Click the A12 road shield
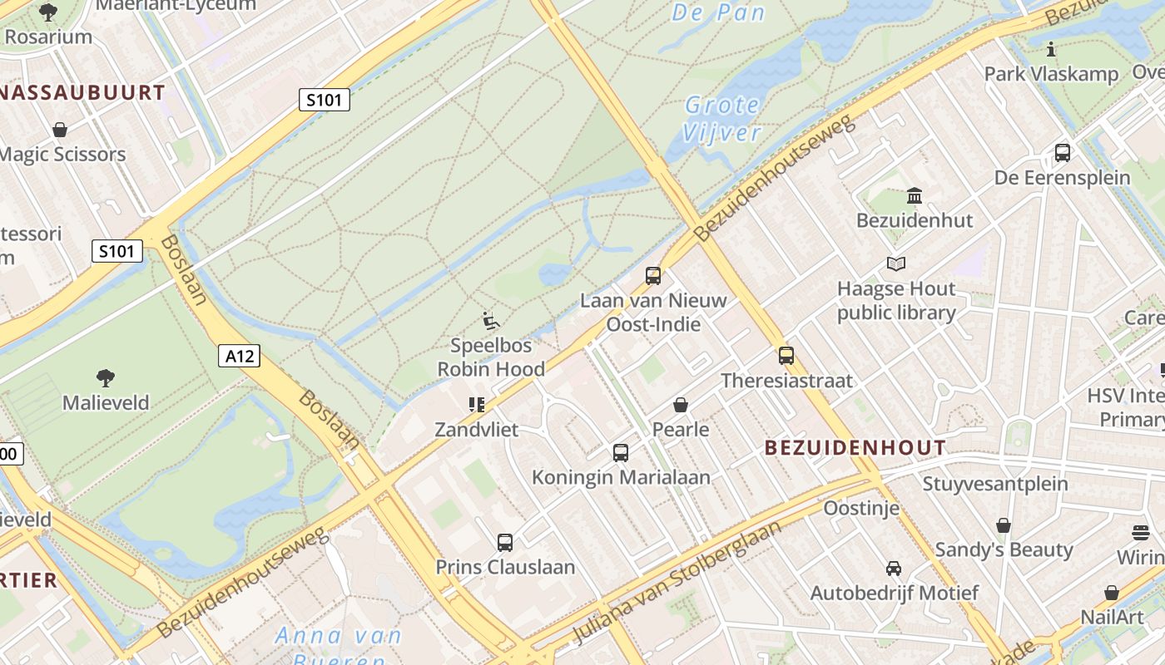click(x=240, y=356)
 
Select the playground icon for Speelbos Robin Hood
click(x=491, y=321)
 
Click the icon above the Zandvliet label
click(x=476, y=405)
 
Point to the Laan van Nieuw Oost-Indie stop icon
click(x=653, y=275)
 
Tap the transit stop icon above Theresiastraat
click(x=786, y=356)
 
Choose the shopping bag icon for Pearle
click(x=681, y=405)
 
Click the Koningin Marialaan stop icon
click(x=621, y=453)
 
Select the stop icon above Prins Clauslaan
click(x=505, y=543)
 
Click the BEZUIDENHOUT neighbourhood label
click(x=855, y=448)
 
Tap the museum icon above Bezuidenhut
click(x=915, y=196)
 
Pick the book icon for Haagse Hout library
click(x=896, y=264)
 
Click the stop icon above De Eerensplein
click(x=1063, y=153)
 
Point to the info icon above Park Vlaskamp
click(x=1051, y=50)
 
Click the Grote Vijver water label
click(x=722, y=118)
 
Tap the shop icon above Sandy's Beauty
click(x=1004, y=525)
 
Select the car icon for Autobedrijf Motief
click(x=894, y=569)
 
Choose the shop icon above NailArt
click(x=1112, y=593)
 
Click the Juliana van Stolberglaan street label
click(x=678, y=582)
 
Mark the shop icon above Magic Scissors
click(x=60, y=130)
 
